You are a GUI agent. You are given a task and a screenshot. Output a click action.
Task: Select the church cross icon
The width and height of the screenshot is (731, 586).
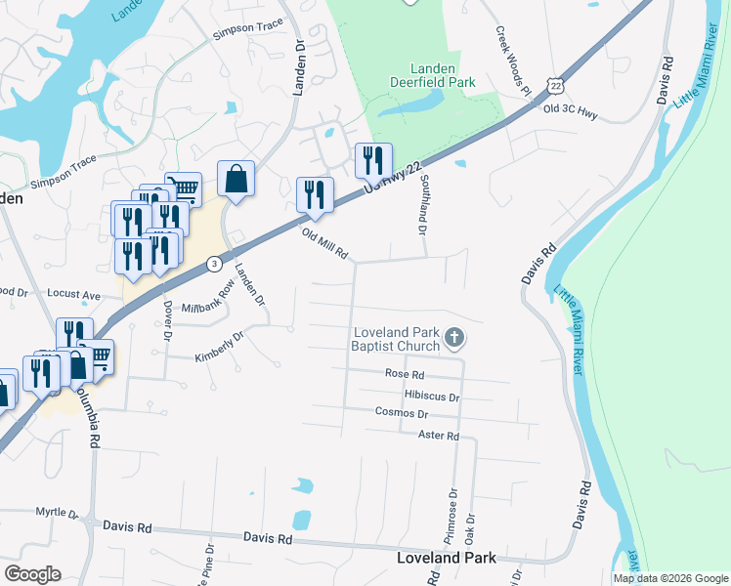coord(453,339)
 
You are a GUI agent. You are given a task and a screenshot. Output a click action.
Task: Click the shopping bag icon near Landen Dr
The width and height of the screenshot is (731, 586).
coord(236,180)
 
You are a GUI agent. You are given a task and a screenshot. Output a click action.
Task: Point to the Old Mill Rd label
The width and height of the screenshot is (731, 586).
coord(324,242)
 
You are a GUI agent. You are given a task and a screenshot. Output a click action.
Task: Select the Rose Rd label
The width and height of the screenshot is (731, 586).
coord(405,374)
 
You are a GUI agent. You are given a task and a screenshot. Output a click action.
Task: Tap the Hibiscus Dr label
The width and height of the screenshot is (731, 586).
coord(431,398)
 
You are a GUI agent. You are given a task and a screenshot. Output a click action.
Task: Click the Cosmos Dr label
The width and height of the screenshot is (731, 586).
coord(403,412)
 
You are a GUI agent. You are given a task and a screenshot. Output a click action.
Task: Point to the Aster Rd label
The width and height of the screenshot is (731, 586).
coord(438,435)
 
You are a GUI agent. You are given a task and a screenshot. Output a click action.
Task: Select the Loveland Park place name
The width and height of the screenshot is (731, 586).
coord(447,558)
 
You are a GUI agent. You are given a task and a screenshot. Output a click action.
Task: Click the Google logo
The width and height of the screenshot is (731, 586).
coord(32,574)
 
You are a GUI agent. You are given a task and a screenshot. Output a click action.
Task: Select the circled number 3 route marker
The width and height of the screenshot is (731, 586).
coord(214,264)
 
